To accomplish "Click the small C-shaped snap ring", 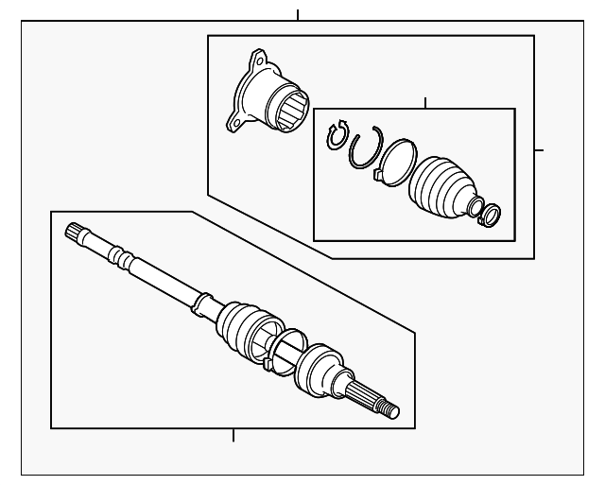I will tap(337, 136).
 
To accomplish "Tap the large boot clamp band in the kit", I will tap(395, 161).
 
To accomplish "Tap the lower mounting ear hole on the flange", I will tap(231, 121).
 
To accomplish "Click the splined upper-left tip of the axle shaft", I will tap(75, 233).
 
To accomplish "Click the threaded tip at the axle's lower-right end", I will tap(391, 410).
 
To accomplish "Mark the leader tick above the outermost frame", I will tap(298, 15).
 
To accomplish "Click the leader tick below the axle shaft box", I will tap(233, 436).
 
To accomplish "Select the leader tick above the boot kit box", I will tap(426, 102).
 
